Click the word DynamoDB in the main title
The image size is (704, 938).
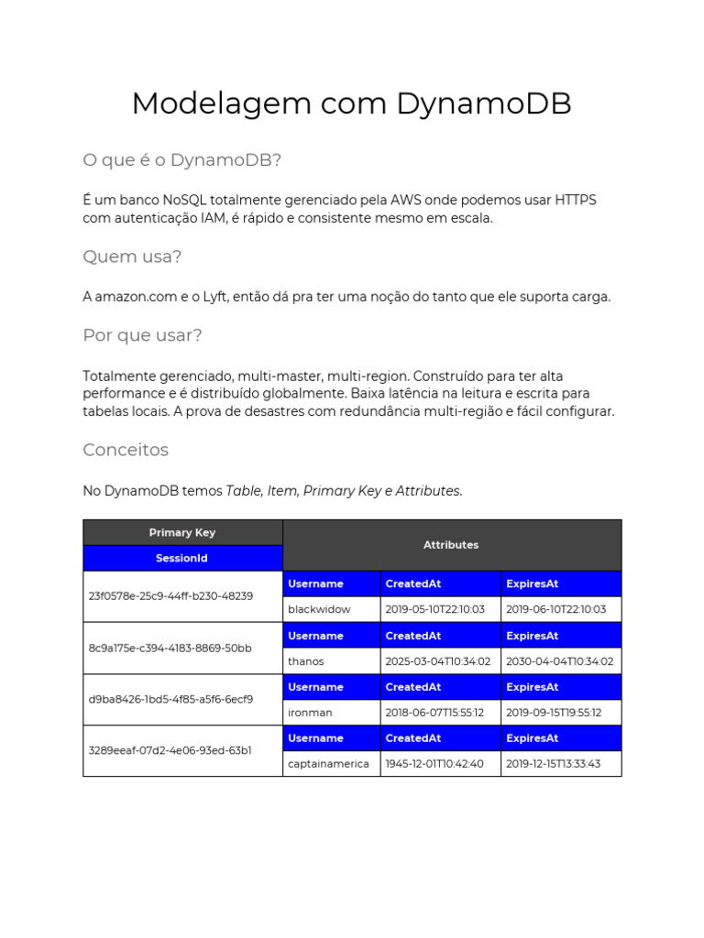pyautogui.click(x=484, y=104)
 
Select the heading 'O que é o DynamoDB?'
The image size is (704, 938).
pyautogui.click(x=181, y=160)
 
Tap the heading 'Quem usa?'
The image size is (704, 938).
pyautogui.click(x=132, y=256)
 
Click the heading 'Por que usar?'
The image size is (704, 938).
pyautogui.click(x=142, y=335)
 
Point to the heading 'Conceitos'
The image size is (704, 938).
pyautogui.click(x=126, y=450)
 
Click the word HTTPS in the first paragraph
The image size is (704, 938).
pyautogui.click(x=575, y=200)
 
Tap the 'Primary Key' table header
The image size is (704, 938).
pyautogui.click(x=182, y=532)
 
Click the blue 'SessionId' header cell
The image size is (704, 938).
pyautogui.click(x=182, y=558)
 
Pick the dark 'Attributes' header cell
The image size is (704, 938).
pyautogui.click(x=451, y=545)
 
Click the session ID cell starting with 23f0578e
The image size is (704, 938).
pyautogui.click(x=170, y=595)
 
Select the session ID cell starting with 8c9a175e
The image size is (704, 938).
pyautogui.click(x=170, y=648)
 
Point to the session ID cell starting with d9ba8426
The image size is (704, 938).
pyautogui.click(x=170, y=699)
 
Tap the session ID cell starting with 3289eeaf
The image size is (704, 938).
pyautogui.click(x=170, y=750)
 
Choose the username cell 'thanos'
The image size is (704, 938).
pyautogui.click(x=305, y=660)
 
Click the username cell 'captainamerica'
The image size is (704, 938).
pyautogui.click(x=328, y=763)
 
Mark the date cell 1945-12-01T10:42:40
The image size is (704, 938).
pyautogui.click(x=434, y=763)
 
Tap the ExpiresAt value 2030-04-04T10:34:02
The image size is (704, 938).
pyautogui.click(x=559, y=660)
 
